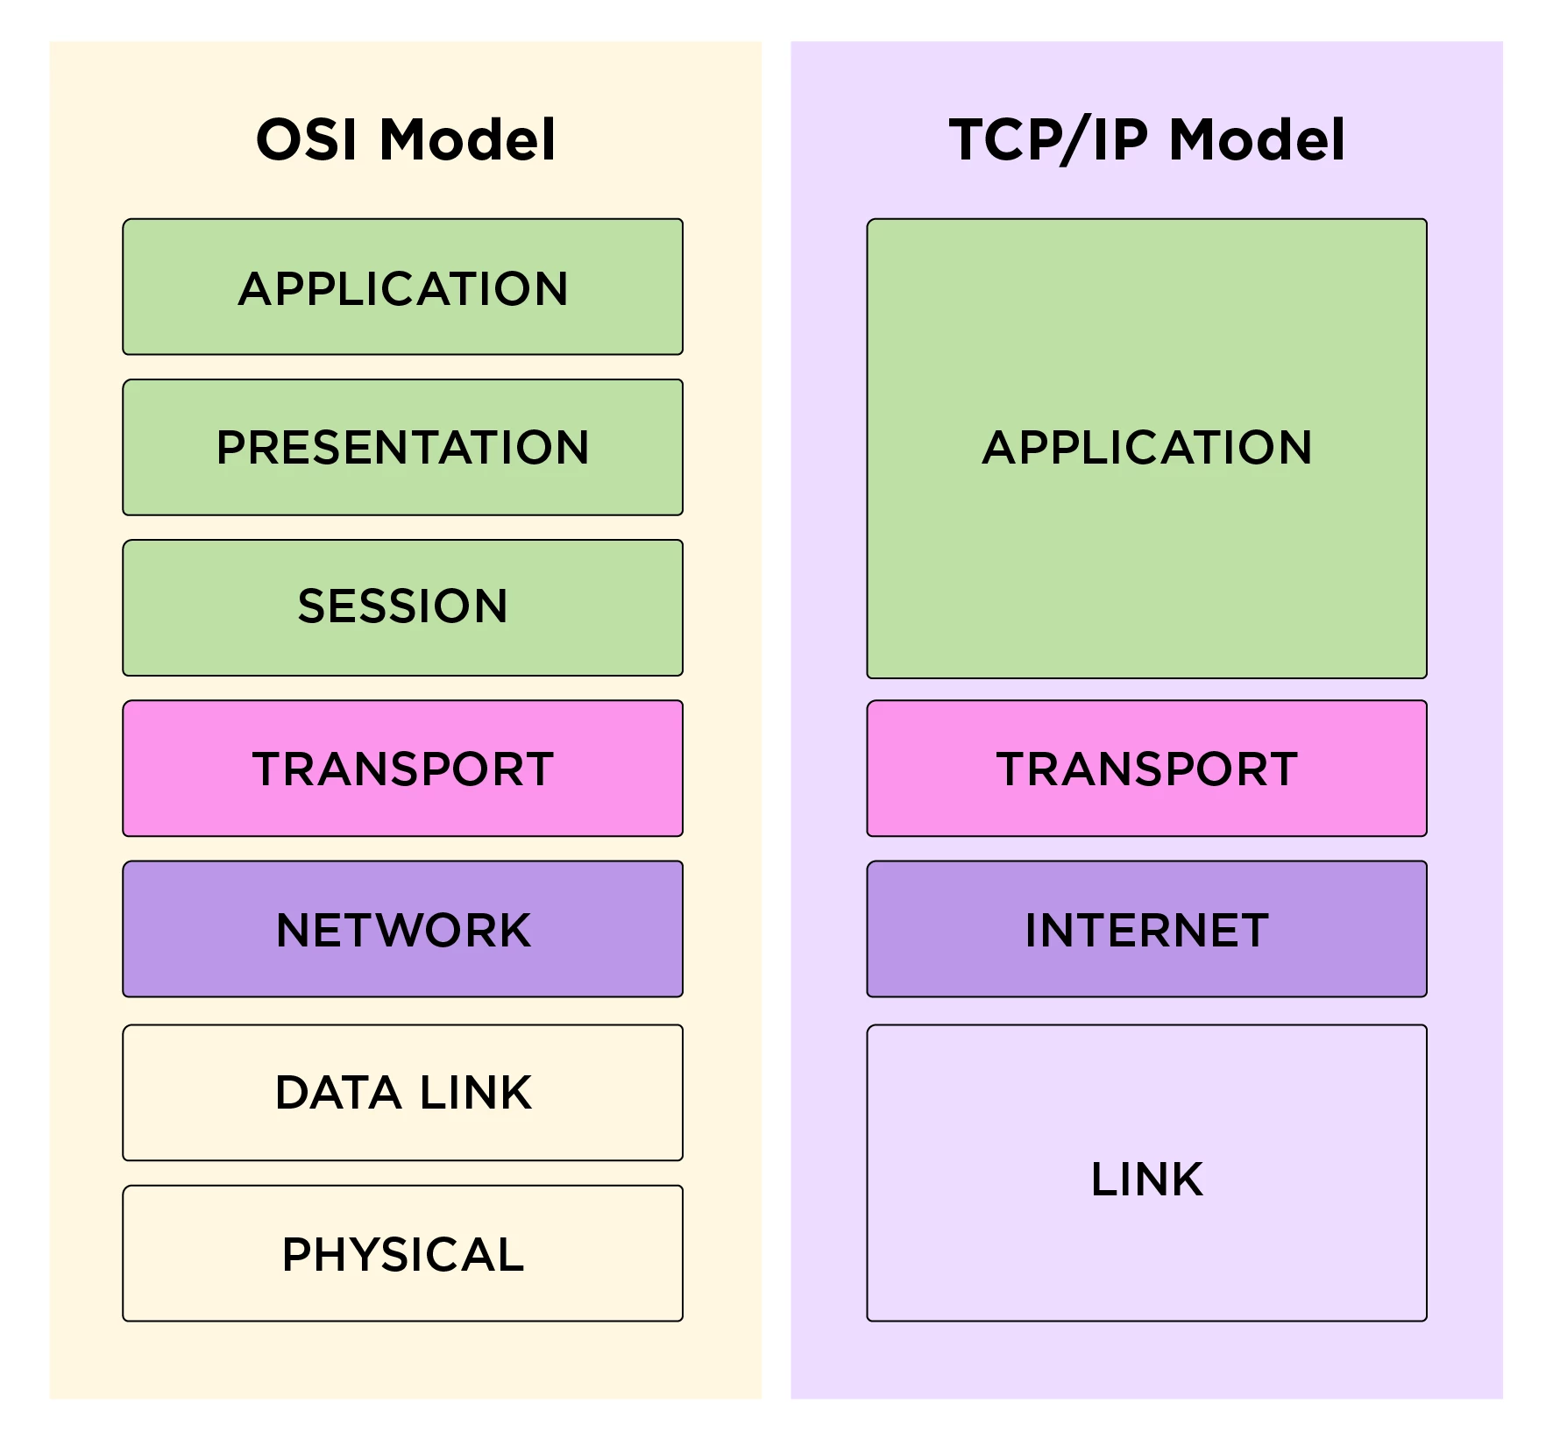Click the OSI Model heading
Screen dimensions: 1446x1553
405,139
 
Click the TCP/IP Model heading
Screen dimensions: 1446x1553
1146,139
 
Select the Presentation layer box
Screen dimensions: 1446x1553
402,447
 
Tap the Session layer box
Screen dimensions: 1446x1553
402,607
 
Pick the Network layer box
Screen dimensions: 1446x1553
402,929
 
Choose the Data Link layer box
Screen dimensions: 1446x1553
402,1093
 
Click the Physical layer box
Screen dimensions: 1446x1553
402,1253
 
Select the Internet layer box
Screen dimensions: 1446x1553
1146,929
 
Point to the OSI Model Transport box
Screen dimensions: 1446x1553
402,769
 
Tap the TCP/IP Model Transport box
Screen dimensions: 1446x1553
1146,769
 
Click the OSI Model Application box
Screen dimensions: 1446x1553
402,287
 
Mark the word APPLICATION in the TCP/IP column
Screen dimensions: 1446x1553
1146,448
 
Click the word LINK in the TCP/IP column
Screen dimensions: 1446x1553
1146,1179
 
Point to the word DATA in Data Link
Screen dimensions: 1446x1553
338,1093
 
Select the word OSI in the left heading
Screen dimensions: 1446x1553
307,139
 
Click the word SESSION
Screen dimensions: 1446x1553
402,606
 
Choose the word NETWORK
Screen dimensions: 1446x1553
403,930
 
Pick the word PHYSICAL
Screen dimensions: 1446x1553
403,1254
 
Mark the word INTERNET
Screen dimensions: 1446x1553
1146,930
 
